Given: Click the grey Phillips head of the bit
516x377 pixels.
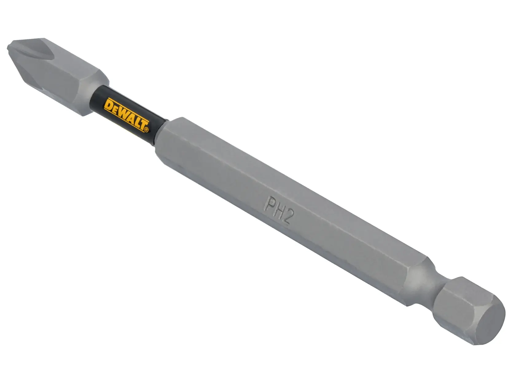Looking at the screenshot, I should click(58, 77).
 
